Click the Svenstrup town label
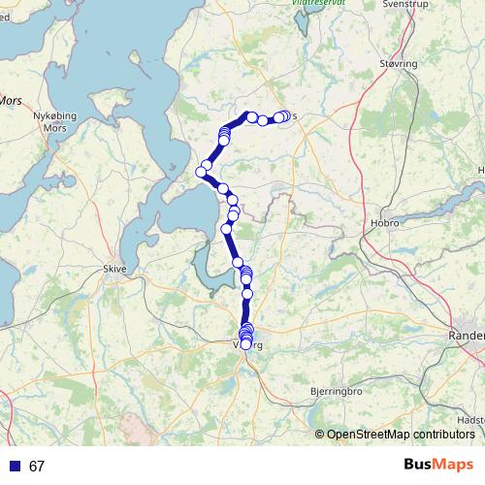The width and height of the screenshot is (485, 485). pos(404,4)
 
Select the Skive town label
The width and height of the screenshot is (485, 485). pos(115,271)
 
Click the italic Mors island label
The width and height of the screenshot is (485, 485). pos(10,99)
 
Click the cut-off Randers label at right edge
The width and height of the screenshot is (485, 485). pos(467,335)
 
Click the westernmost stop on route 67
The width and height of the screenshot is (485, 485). pos(202,172)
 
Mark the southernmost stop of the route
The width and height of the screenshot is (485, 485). pos(246,344)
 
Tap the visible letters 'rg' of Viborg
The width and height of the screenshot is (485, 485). pos(259,344)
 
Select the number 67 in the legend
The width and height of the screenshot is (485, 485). pos(37,467)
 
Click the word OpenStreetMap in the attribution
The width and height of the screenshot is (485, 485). pos(365,435)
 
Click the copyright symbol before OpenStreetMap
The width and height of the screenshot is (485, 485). pos(320,435)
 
